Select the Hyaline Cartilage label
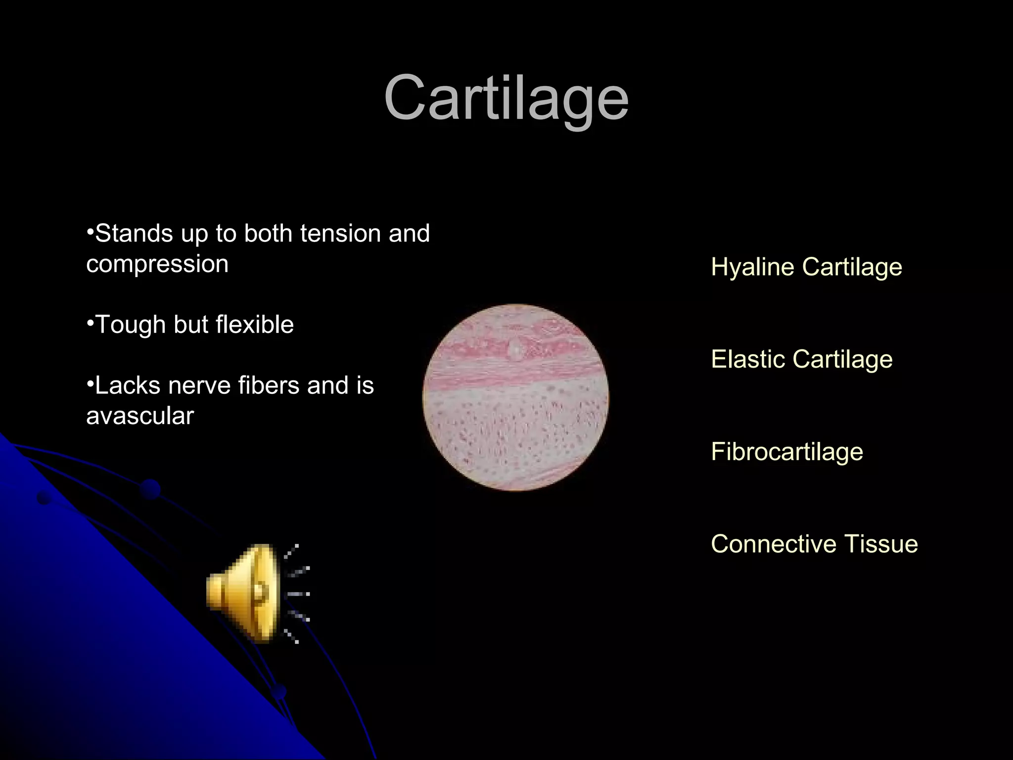pos(806,267)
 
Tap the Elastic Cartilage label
pos(801,359)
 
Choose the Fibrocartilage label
pos(786,452)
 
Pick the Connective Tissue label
pos(814,544)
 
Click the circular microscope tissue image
pos(516,397)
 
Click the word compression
pos(157,264)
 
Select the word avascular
pos(140,416)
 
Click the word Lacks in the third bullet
pos(127,385)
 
